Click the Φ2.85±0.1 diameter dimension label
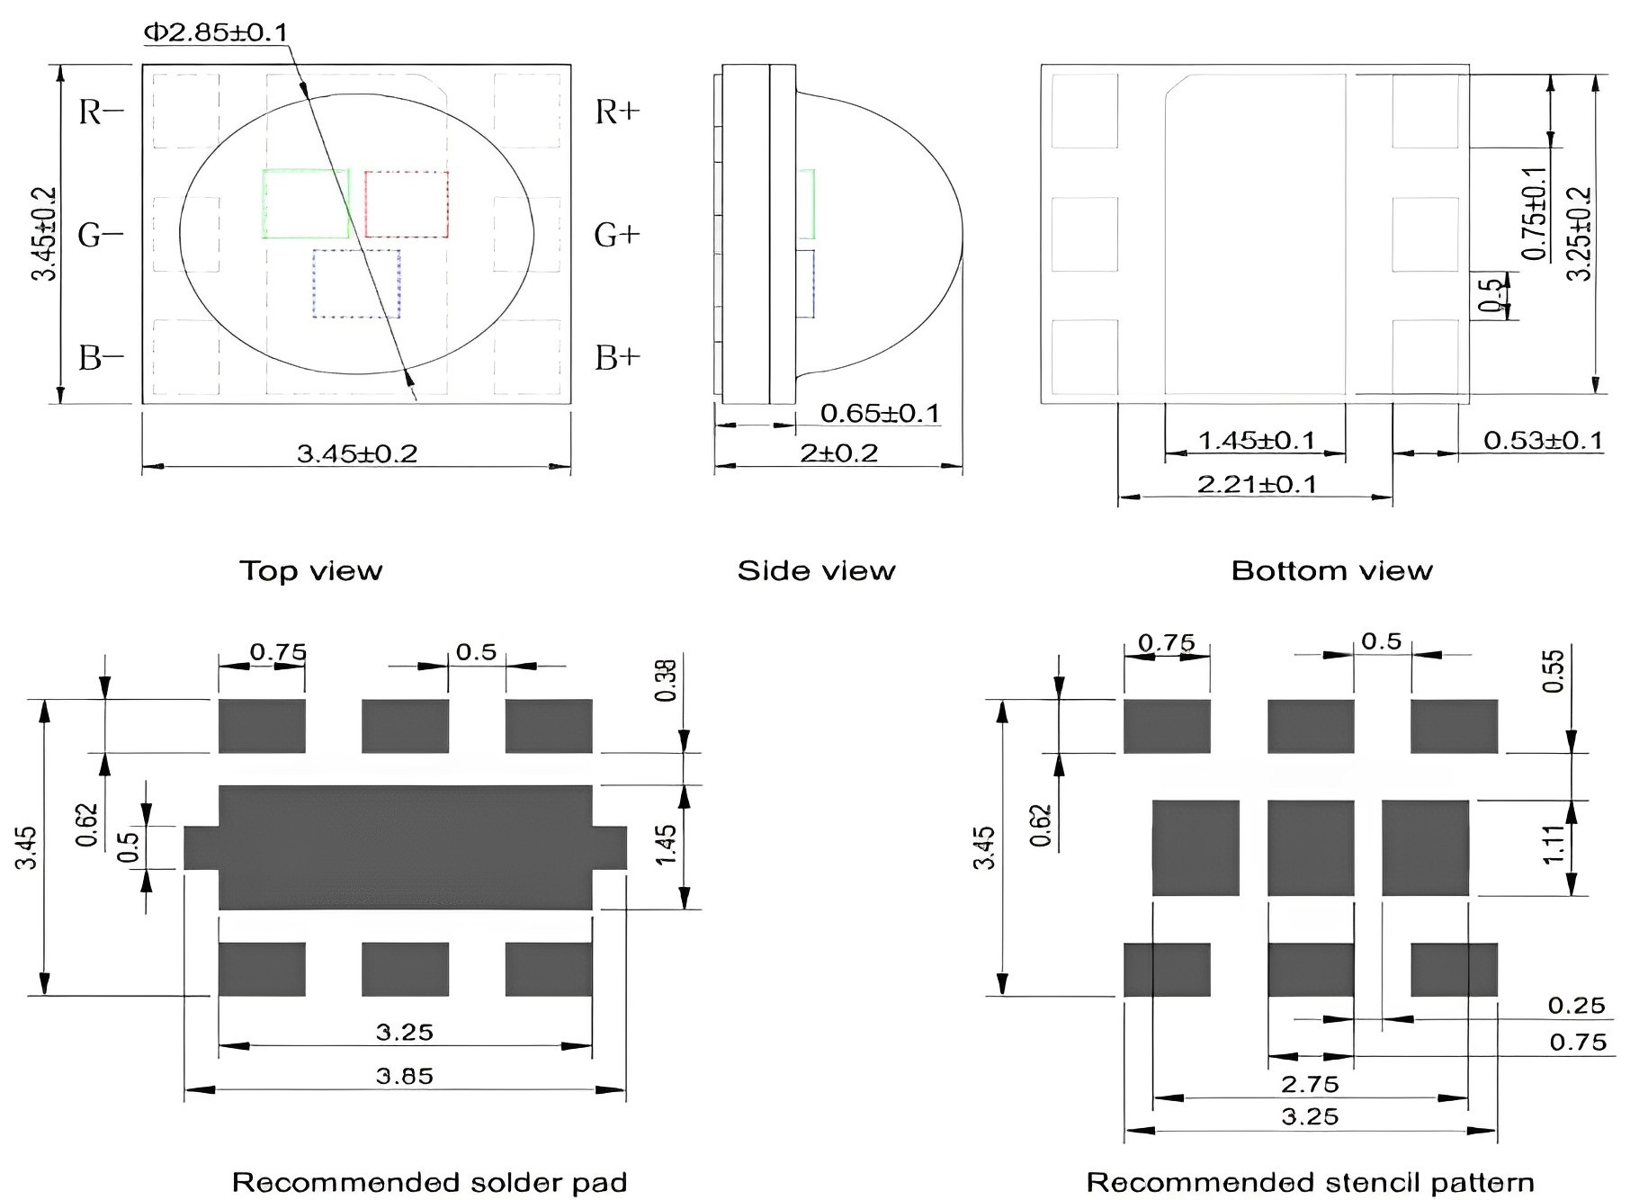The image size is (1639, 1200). pos(216,32)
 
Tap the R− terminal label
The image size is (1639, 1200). pos(102,112)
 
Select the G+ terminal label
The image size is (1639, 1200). pos(617,236)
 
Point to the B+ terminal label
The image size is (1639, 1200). pos(618,358)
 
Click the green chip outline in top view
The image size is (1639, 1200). pos(306,204)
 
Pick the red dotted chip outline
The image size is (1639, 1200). pos(407,204)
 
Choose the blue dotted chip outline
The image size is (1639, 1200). pos(356,283)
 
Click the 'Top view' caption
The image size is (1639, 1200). pos(310,570)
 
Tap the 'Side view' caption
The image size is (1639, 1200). pos(816,570)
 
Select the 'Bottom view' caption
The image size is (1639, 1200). pos(1331,570)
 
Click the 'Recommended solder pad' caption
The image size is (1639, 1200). pos(429,1181)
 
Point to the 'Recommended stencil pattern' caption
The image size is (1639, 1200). pos(1311,1181)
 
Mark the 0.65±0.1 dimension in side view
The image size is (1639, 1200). pos(880,413)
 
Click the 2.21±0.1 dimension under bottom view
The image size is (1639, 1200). pos(1257,484)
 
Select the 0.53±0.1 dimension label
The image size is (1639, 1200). pos(1543,440)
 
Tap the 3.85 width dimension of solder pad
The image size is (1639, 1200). pos(405,1076)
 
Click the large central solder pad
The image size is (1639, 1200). pos(405,847)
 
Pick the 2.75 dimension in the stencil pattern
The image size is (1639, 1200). pos(1311,1084)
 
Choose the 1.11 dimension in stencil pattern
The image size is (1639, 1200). pos(1554,845)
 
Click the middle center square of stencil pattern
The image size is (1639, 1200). pos(1311,848)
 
